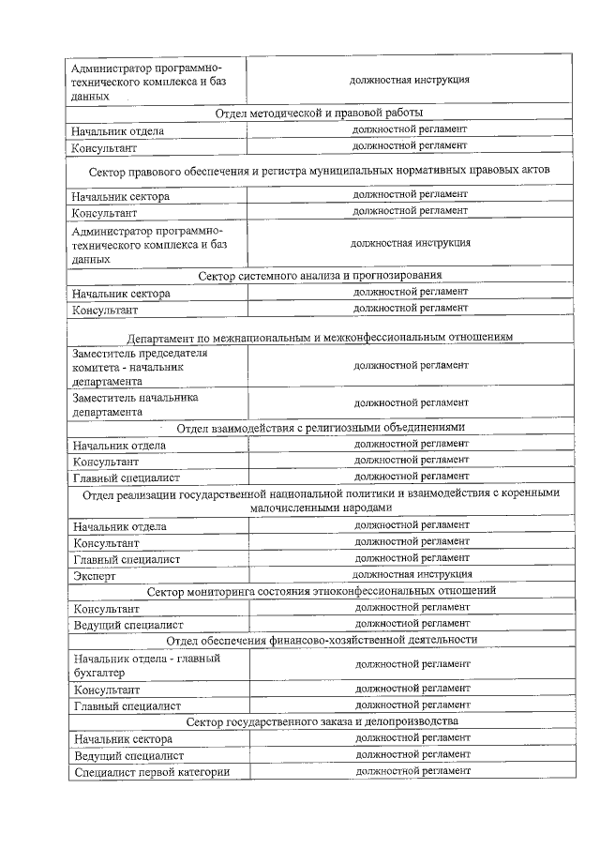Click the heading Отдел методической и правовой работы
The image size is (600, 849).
click(318, 114)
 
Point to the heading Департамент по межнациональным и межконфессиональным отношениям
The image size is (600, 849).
click(320, 338)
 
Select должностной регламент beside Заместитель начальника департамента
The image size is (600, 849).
click(411, 402)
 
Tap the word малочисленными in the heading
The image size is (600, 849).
click(294, 507)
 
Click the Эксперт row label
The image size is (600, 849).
click(95, 576)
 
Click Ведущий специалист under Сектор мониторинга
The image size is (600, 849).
click(127, 624)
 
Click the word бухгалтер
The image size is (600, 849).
click(99, 672)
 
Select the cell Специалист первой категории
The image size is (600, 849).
click(150, 772)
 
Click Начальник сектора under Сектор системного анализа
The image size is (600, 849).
click(121, 294)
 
